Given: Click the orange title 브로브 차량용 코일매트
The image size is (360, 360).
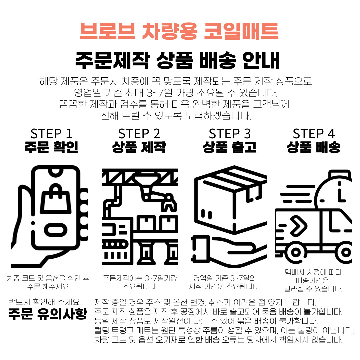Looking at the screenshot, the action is point(179,31).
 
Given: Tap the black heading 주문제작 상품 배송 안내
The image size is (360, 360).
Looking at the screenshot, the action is point(177,60).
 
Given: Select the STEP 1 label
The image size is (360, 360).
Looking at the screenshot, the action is point(51,134).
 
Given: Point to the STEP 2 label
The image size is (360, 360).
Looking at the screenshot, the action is point(139,134).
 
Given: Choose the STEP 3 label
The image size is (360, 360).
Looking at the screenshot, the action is point(230,134).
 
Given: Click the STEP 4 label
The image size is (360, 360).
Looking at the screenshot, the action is point(314,134).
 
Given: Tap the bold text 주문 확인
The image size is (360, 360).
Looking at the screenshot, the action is point(51,147).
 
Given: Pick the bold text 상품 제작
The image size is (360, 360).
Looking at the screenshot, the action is point(139,147).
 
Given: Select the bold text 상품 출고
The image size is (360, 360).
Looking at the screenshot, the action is point(230,147).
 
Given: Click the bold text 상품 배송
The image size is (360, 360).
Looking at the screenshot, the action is point(314,147).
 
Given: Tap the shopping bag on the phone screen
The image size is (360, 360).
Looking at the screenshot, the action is point(55,199).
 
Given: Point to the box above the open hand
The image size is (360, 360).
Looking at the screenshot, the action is point(231,199).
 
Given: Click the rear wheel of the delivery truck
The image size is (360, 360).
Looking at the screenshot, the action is point(296,253).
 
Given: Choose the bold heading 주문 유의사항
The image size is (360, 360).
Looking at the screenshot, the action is point(48,314).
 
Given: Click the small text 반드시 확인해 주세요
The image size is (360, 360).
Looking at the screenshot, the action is point(44,301).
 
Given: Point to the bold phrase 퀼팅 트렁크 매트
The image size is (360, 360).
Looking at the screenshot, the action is point(123,330).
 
